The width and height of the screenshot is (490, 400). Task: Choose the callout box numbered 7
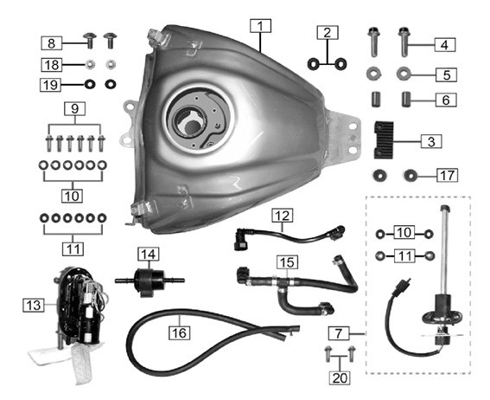(x=339, y=332)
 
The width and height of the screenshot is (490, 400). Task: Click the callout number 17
(x=445, y=176)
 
